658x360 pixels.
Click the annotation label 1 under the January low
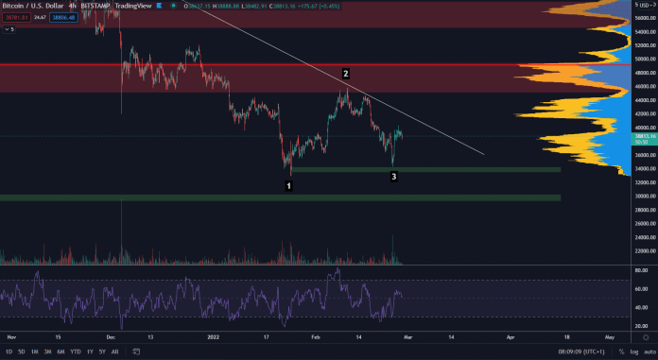(288, 186)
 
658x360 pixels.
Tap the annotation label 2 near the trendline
(346, 73)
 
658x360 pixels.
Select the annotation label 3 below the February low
(393, 176)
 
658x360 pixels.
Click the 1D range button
(9, 351)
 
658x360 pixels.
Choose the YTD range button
(75, 351)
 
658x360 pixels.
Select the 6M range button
(60, 351)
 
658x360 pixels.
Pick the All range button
(115, 351)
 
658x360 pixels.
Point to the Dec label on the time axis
(111, 336)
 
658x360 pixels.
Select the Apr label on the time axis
(511, 336)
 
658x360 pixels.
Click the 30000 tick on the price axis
(645, 196)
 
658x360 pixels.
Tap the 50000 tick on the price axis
(645, 59)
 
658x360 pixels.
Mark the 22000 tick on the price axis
(645, 250)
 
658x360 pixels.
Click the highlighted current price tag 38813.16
(644, 137)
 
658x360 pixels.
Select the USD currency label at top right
(643, 6)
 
